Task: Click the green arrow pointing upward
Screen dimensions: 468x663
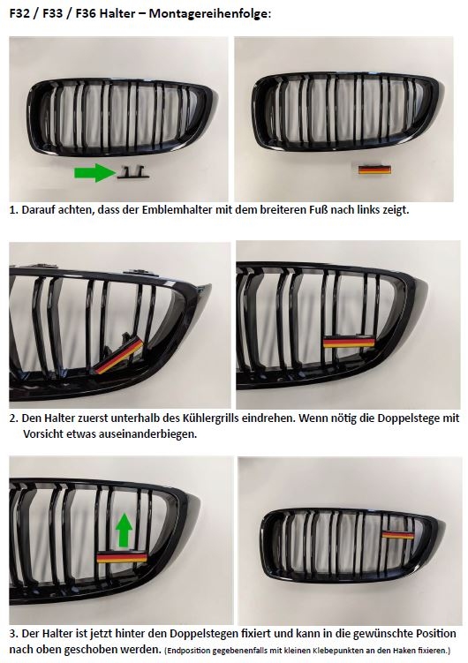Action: (125, 530)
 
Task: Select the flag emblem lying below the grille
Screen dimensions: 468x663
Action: (374, 170)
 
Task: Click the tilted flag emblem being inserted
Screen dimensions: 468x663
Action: (119, 357)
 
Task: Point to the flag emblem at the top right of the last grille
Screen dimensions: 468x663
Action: (398, 534)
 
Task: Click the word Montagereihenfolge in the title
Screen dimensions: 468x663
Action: (208, 14)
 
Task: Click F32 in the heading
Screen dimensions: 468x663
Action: (20, 14)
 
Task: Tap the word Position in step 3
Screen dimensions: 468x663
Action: (434, 634)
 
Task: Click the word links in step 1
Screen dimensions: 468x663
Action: (370, 210)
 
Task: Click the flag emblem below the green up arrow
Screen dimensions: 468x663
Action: (122, 557)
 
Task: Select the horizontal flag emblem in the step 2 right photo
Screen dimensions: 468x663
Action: (349, 342)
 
